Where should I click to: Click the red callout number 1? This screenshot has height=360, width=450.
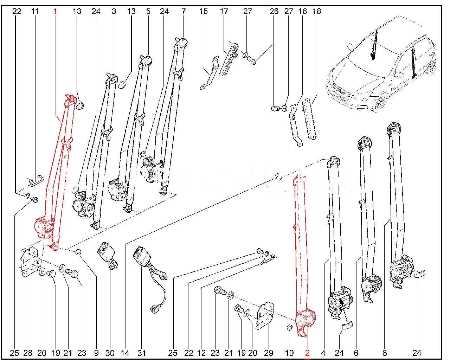[55, 11]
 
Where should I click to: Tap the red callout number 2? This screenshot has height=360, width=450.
[307, 353]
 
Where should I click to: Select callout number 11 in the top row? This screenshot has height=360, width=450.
[34, 11]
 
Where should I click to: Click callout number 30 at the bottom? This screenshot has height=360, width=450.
[110, 353]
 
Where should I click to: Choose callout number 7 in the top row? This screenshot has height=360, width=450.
[183, 11]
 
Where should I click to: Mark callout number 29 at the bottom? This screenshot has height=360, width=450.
[268, 353]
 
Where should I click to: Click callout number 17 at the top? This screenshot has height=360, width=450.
[224, 11]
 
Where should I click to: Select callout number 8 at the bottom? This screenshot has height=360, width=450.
[385, 353]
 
